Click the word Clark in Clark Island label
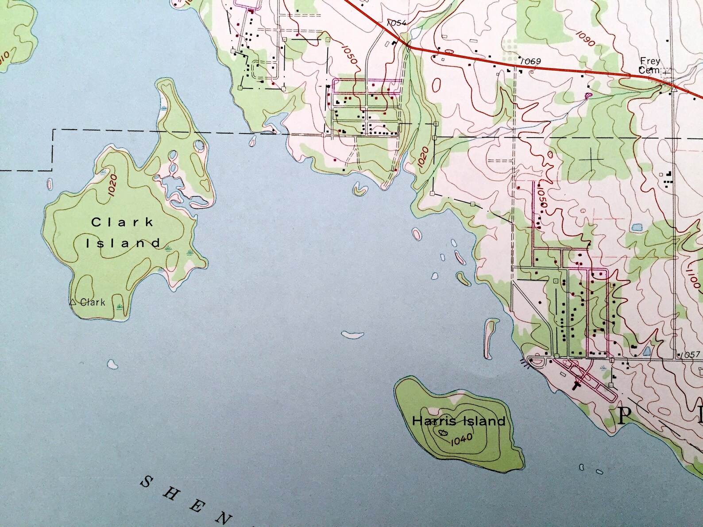click(x=122, y=222)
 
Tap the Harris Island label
click(x=458, y=421)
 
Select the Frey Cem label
click(x=650, y=65)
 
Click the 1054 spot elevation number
click(x=396, y=23)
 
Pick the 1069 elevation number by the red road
click(x=530, y=61)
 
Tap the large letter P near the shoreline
click(x=623, y=416)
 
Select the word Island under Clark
click(x=123, y=243)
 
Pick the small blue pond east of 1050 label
click(x=637, y=227)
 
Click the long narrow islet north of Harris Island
click(x=489, y=338)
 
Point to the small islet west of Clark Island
click(x=49, y=183)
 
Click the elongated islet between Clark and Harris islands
click(x=352, y=335)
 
